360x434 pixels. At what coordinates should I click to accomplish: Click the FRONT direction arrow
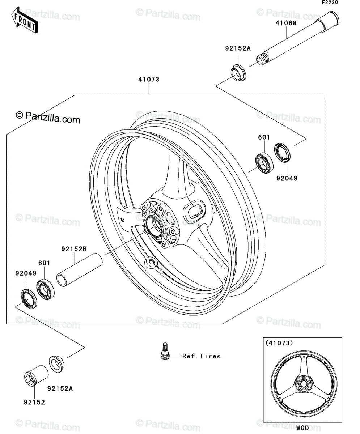[25, 20]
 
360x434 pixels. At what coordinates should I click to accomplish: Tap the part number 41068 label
[286, 23]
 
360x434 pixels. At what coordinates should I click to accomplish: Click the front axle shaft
[297, 38]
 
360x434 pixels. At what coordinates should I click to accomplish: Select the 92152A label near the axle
[238, 48]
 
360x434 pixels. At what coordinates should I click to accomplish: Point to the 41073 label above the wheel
[149, 80]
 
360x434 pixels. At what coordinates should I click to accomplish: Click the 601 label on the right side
[264, 137]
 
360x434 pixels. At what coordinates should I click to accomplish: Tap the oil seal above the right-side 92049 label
[282, 153]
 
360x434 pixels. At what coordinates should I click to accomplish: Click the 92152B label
[74, 249]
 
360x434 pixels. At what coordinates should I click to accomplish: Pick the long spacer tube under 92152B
[80, 270]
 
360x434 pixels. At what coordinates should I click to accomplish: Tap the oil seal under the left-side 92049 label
[29, 299]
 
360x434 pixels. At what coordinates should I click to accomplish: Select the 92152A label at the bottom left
[60, 388]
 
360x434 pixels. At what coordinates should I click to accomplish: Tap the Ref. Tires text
[201, 356]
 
